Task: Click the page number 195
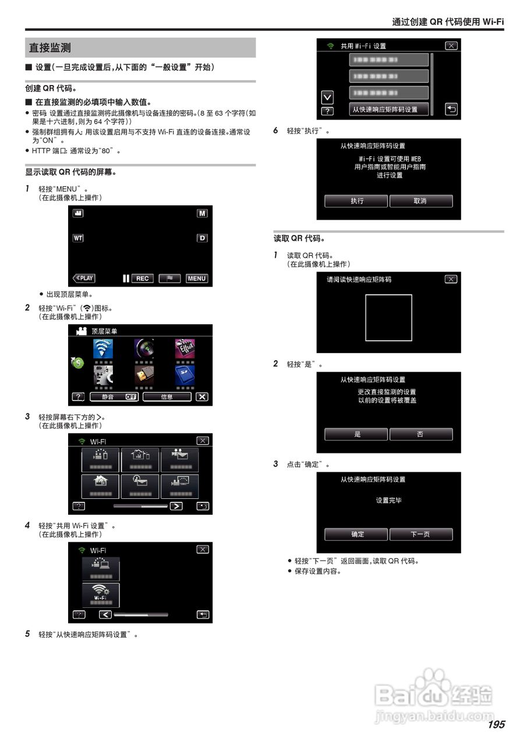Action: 496,724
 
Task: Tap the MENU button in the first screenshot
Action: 197,279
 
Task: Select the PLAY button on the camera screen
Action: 84,279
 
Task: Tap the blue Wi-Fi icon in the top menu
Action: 103,349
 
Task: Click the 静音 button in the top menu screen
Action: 114,397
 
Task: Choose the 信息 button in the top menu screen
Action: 167,397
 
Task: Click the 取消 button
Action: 420,201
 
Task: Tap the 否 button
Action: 420,434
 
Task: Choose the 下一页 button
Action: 420,534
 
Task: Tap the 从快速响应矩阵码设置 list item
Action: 388,109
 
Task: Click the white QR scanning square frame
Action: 388,318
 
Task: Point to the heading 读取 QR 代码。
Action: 299,239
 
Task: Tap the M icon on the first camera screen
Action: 202,214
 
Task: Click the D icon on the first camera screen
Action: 202,238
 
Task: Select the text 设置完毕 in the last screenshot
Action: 388,501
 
